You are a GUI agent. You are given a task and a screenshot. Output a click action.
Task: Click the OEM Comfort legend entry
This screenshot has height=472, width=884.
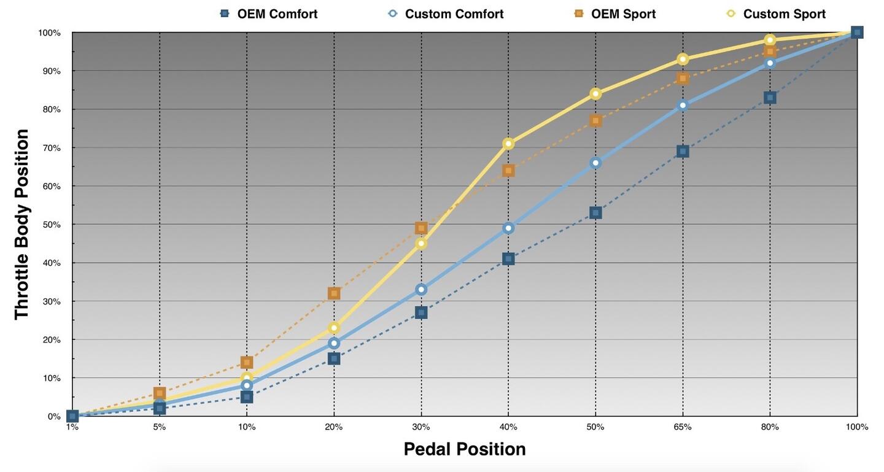[269, 14]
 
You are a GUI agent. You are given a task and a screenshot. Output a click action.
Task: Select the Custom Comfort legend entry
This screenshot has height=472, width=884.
[446, 14]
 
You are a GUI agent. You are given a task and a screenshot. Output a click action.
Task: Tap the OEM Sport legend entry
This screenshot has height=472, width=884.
[615, 14]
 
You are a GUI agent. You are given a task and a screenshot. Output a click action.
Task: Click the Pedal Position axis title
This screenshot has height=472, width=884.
[465, 449]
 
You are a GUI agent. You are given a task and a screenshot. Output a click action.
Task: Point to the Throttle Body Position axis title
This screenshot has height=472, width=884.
[22, 224]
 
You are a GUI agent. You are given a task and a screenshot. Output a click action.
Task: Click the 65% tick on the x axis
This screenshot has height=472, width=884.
[682, 427]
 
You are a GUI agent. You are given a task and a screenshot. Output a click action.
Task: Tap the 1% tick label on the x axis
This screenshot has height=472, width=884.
[72, 427]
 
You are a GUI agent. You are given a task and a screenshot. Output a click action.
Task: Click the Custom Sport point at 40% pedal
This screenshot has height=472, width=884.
[508, 144]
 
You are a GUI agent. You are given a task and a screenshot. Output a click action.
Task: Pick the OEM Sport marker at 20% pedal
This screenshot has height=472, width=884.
[334, 293]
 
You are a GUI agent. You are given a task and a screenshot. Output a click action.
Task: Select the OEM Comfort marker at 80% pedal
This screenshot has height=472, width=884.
[770, 98]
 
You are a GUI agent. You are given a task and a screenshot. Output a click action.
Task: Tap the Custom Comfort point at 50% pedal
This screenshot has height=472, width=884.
[595, 163]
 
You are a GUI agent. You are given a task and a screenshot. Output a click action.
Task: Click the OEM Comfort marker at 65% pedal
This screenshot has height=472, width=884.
[683, 152]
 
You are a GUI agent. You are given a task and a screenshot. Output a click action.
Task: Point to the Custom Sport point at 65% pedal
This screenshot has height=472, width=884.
[683, 60]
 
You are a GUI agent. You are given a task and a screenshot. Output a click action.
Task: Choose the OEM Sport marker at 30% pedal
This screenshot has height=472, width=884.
[421, 228]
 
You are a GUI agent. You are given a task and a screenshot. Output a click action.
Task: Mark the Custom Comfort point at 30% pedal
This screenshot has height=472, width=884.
[421, 289]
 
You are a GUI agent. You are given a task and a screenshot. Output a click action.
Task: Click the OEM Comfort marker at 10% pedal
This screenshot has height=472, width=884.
[247, 397]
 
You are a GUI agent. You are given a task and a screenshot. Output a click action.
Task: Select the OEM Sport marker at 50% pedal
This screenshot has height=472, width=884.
[595, 121]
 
